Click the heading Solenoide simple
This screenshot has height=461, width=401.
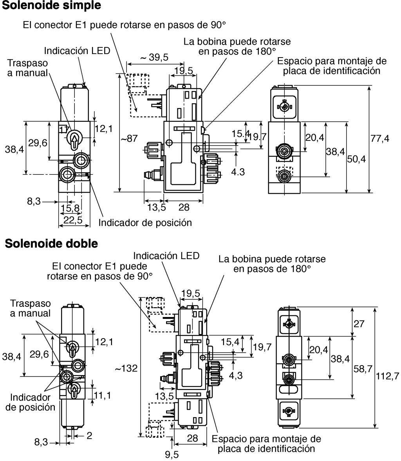(x=51, y=5)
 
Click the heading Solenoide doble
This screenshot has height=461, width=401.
(x=51, y=243)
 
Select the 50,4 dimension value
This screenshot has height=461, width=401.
(x=356, y=159)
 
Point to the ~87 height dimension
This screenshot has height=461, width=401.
(x=129, y=138)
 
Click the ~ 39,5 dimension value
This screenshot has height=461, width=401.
(x=154, y=57)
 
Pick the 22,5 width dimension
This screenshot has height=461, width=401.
(x=73, y=220)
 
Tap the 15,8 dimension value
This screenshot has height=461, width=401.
(x=70, y=209)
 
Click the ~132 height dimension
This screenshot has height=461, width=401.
(x=126, y=368)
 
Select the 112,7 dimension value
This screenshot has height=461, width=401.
(x=387, y=376)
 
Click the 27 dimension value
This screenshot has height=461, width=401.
(x=359, y=324)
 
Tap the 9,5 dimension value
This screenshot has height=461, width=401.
(x=172, y=454)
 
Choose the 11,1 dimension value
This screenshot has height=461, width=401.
(x=102, y=395)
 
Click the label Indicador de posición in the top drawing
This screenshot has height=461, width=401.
(x=145, y=223)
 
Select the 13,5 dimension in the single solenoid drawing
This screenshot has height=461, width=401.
(x=157, y=207)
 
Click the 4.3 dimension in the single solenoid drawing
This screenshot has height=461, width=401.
(x=238, y=172)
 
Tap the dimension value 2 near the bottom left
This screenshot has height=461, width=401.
(x=89, y=436)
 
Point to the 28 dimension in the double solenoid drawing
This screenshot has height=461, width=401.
(x=192, y=438)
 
